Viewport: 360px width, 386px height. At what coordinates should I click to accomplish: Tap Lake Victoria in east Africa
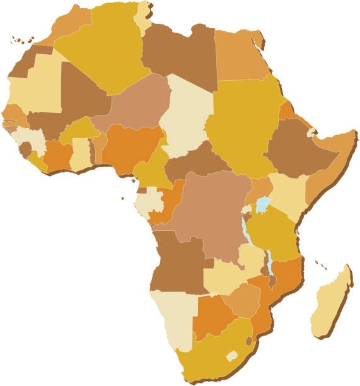click(x=262, y=206)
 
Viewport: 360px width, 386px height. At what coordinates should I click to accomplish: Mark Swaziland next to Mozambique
click(x=250, y=341)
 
